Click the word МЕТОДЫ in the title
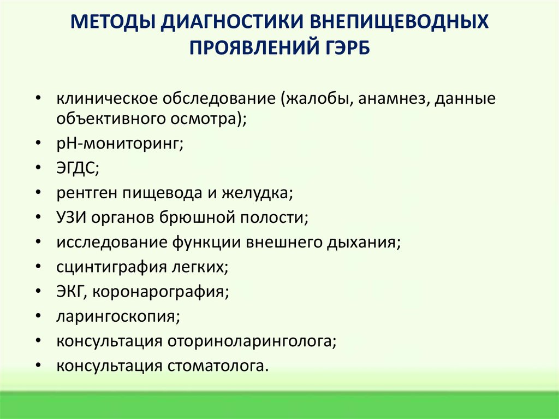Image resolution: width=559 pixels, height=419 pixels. click(x=111, y=23)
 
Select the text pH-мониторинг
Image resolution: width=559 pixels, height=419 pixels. click(x=119, y=144)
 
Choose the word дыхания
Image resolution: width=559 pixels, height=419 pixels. click(x=365, y=241)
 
